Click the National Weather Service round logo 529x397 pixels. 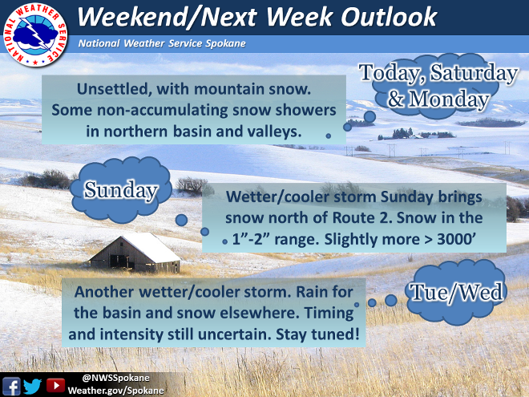pyautogui.click(x=35, y=35)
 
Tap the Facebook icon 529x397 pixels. pyautogui.click(x=11, y=386)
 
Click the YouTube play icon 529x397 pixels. pyautogui.click(x=55, y=385)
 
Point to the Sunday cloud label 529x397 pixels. pyautogui.click(x=121, y=190)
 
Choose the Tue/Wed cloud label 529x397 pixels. pyautogui.click(x=456, y=293)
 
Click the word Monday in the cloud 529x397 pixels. pyautogui.click(x=438, y=99)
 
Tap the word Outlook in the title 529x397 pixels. pyautogui.click(x=389, y=17)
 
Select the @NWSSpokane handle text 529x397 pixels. pyautogui.click(x=115, y=378)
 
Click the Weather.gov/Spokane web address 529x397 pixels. pyautogui.click(x=115, y=391)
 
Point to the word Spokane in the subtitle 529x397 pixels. pyautogui.click(x=225, y=43)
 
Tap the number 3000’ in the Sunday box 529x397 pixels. pyautogui.click(x=457, y=239)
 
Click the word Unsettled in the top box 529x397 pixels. pyautogui.click(x=112, y=90)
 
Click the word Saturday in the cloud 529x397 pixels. pyautogui.click(x=474, y=72)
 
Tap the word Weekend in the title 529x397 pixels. pyautogui.click(x=132, y=17)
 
